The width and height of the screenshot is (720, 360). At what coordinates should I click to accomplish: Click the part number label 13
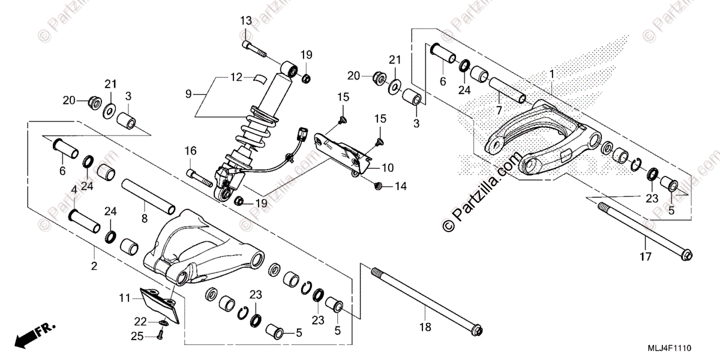click(x=247, y=21)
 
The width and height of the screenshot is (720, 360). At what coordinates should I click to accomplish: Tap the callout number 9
click(x=188, y=94)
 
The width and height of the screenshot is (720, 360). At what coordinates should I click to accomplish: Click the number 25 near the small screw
click(x=137, y=337)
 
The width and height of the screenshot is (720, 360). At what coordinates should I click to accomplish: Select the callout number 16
click(x=190, y=151)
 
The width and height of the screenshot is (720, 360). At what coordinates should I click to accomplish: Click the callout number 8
click(x=144, y=219)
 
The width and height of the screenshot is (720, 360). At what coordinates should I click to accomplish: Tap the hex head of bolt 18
click(x=477, y=330)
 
